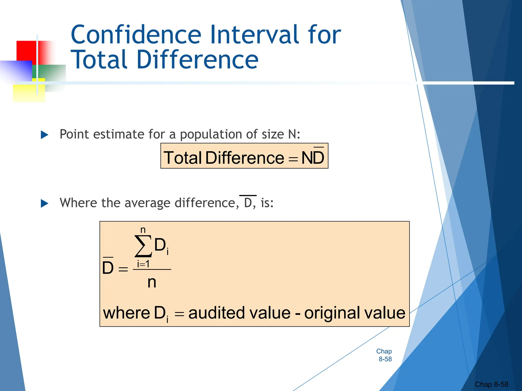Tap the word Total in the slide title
click(x=99, y=60)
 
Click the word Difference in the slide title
click(x=198, y=60)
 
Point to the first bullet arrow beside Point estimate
click(x=45, y=135)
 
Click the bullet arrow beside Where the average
click(x=45, y=203)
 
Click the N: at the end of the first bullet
click(x=294, y=134)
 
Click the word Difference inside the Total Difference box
click(x=245, y=158)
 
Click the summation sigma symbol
click(x=143, y=246)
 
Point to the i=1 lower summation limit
click(x=143, y=264)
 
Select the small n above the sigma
click(x=143, y=230)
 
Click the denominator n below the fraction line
click(x=152, y=282)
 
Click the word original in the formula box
click(x=332, y=313)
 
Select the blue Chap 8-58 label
click(x=384, y=355)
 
